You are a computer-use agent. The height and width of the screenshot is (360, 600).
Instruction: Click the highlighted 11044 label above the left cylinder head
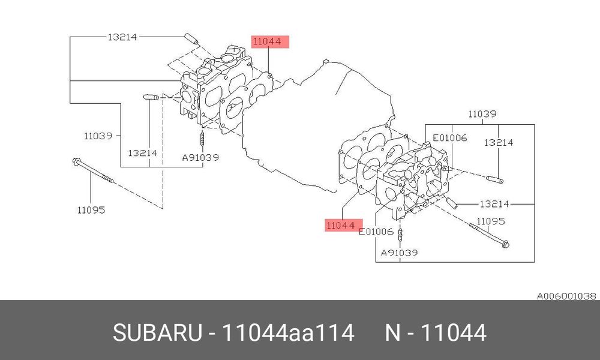pos(270,41)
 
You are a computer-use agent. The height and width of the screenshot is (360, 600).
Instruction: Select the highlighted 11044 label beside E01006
pos(344,226)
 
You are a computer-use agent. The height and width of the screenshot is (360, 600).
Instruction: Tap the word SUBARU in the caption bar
pos(157,332)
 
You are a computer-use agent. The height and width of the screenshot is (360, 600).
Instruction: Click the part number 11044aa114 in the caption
pos(288,332)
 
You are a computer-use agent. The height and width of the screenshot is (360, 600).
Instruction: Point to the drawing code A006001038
pos(566,296)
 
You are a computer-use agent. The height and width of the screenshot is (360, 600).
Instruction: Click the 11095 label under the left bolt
pos(91,209)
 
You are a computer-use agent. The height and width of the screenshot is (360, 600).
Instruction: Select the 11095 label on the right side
pos(491,221)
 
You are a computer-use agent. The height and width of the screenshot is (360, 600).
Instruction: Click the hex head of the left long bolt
pos(76,162)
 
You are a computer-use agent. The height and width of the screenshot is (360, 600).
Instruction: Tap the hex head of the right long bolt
pos(505,244)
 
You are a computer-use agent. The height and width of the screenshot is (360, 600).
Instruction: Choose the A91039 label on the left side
pos(200,157)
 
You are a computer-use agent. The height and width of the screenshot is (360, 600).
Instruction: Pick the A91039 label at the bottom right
pos(399,253)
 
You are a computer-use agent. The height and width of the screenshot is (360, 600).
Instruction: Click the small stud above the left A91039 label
pos(202,138)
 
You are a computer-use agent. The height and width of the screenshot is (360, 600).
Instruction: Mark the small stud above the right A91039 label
pos(400,235)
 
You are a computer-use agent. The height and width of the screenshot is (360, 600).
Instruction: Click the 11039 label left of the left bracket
pos(98,136)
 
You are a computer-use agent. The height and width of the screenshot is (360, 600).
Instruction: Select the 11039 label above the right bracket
pos(482,113)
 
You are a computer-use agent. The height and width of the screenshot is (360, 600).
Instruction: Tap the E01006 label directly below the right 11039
pos(449,138)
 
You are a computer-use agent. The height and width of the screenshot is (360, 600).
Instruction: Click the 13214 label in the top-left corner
pos(122,37)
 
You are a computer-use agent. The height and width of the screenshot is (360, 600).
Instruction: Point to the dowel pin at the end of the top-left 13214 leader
pos(191,38)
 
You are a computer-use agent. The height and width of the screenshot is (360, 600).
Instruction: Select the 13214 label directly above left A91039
pos(142,153)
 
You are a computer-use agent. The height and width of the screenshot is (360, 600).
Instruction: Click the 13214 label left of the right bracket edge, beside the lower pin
pos(494,204)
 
